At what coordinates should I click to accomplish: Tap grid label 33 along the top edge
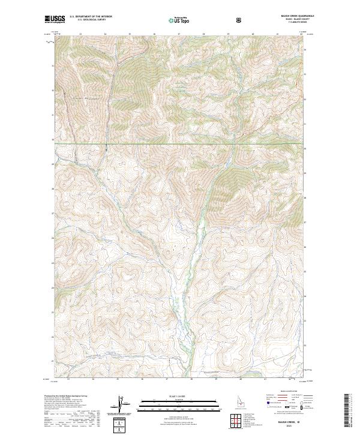[x=80, y=34]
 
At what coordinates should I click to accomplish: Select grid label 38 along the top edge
[x=203, y=34]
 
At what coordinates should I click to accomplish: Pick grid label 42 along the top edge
[x=301, y=34]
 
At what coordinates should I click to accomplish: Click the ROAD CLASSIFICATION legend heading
[x=284, y=392]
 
